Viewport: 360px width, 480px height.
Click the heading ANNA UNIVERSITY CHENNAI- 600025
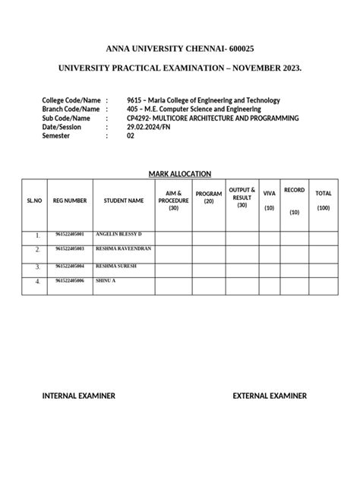tap(180, 49)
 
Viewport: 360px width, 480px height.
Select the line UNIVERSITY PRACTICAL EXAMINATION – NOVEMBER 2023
tap(180, 69)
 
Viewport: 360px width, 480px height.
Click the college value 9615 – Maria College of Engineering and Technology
tap(204, 100)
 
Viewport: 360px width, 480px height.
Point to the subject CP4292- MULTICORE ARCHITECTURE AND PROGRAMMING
tap(213, 118)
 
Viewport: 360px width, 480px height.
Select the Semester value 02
tap(131, 137)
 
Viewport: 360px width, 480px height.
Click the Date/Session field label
tap(66, 128)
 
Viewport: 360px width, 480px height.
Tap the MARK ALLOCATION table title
tap(180, 174)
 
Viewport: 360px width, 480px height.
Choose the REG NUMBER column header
tap(70, 201)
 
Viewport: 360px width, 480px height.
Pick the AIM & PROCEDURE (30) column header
tap(173, 201)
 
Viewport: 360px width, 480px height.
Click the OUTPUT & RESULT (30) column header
tap(242, 197)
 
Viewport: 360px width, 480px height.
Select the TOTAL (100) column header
tap(324, 201)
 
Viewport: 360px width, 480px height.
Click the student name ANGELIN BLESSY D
tap(119, 234)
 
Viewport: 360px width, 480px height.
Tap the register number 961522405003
tap(70, 249)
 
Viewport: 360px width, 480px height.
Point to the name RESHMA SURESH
tap(115, 266)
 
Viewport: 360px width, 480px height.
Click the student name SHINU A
tap(106, 281)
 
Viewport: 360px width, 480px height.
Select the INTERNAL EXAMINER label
tap(79, 396)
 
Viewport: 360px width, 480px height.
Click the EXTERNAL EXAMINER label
tap(270, 396)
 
